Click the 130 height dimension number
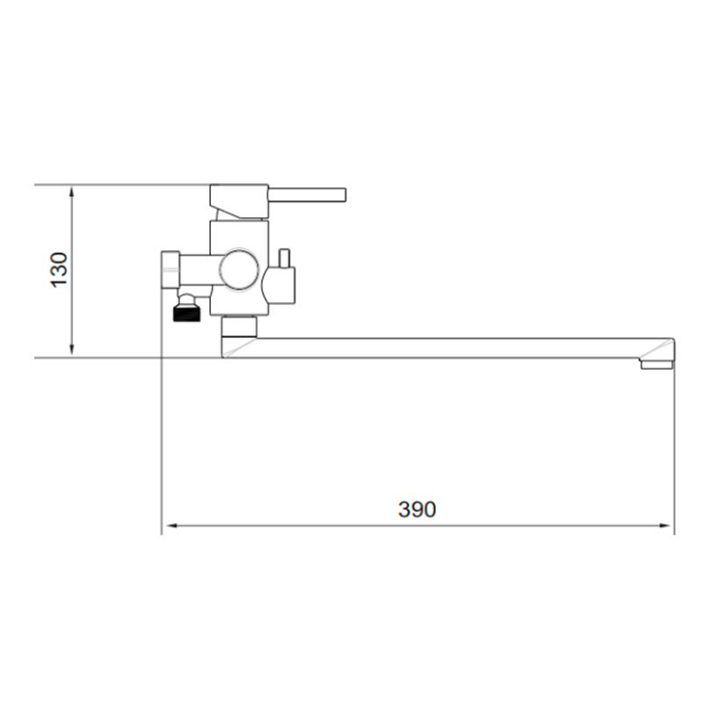59,270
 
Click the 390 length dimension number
417,510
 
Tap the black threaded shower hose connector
186,313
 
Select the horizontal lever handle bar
307,195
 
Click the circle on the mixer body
239,270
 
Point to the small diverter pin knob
284,258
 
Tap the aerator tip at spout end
656,364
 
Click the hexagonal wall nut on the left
170,270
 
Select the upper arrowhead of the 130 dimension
72,192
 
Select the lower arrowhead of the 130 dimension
72,351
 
